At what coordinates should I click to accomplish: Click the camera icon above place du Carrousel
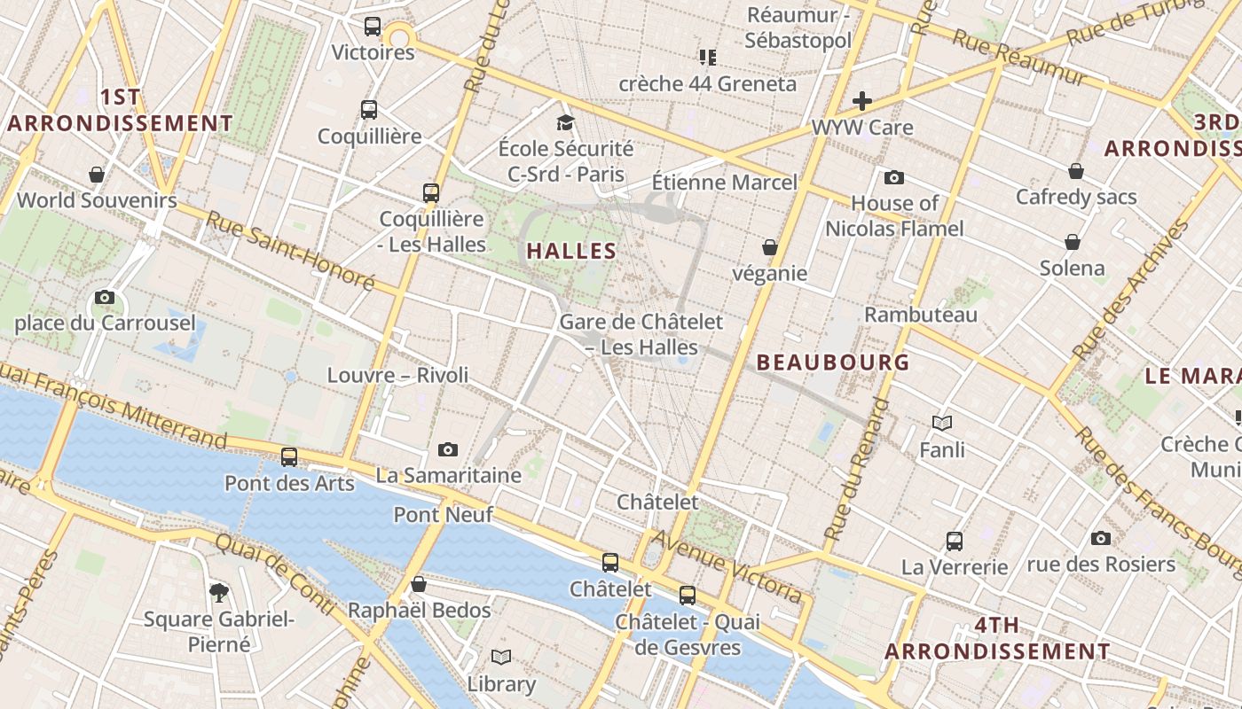[x=105, y=298]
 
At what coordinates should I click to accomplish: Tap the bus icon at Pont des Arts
[x=289, y=457]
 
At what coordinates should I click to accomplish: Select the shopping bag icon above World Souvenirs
[x=97, y=175]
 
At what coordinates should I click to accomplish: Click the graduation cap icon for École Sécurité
[x=565, y=122]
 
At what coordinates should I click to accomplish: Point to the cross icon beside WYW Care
[x=861, y=101]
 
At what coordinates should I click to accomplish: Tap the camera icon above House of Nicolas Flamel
[x=894, y=178]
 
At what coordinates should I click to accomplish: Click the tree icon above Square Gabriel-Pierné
[x=218, y=592]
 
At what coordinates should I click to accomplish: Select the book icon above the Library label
[x=501, y=658]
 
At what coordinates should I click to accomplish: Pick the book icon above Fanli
[x=942, y=424]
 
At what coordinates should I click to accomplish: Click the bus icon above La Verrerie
[x=955, y=541]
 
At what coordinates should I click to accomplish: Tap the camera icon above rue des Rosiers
[x=1101, y=538]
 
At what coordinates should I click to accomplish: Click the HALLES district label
[x=571, y=251]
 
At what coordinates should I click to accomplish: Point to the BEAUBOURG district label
[x=833, y=362]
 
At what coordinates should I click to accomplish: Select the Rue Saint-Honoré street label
[x=291, y=251]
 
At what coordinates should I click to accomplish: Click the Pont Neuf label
[x=431, y=514]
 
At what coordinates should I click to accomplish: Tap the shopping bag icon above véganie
[x=770, y=247]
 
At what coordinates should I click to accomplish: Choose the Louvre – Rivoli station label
[x=397, y=375]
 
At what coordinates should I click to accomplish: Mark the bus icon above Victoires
[x=373, y=27]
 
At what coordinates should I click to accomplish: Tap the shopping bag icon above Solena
[x=1073, y=242]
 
